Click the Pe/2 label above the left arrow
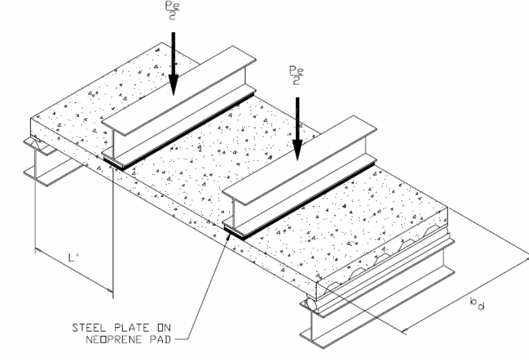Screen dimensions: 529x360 [172, 10]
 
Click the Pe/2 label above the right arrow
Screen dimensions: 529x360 [296, 75]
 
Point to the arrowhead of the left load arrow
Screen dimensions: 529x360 [173, 85]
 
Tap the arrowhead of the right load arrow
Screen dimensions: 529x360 [298, 151]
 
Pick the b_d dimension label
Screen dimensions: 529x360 [477, 303]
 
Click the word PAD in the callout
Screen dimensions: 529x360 [160, 340]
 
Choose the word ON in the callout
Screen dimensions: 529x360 [164, 328]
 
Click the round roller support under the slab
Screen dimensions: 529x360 [311, 304]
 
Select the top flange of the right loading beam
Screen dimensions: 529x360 [299, 160]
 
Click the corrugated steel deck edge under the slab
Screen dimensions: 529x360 [385, 259]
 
